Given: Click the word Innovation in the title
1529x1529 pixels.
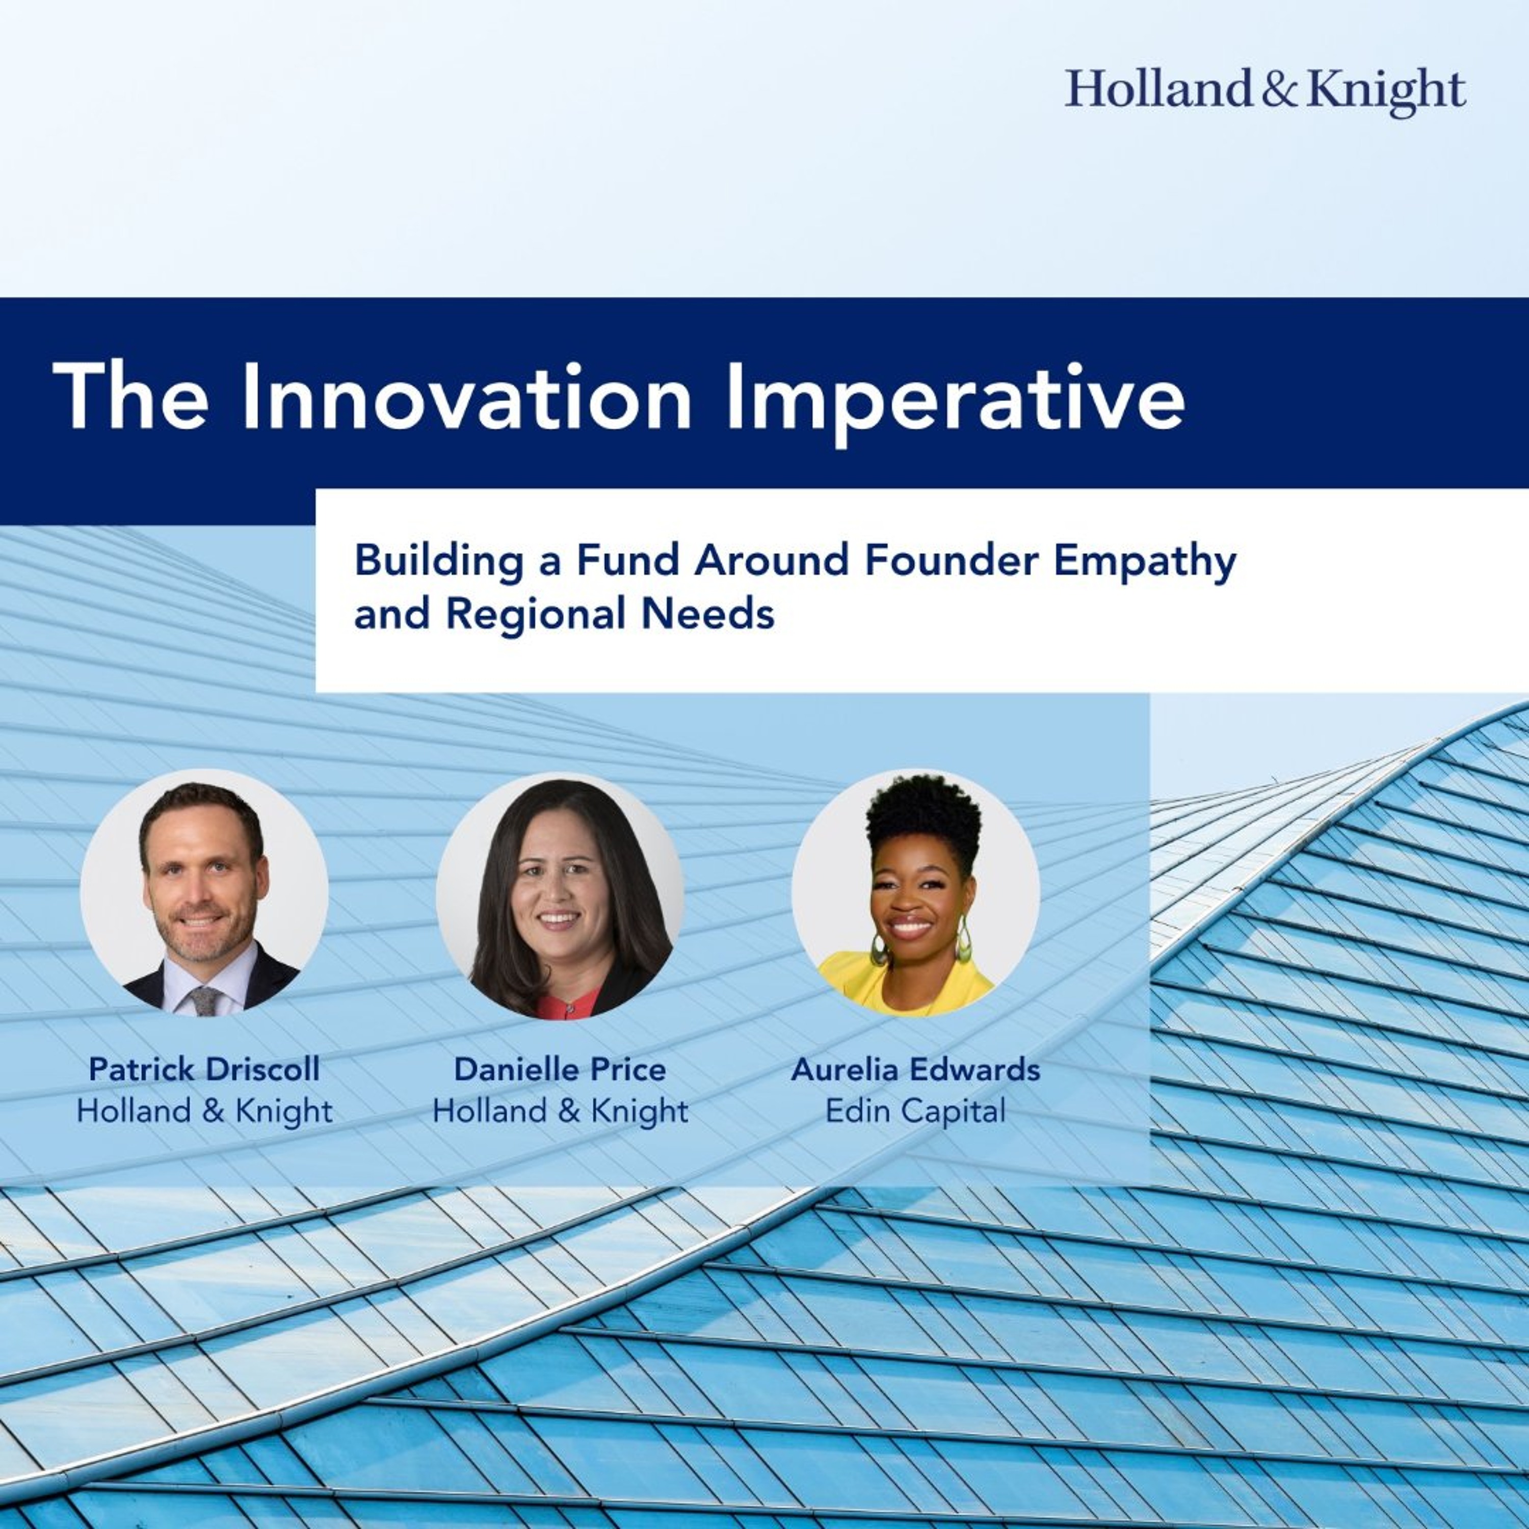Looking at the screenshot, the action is pos(467,398).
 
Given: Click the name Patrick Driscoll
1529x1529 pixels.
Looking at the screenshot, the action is pos(204,1069).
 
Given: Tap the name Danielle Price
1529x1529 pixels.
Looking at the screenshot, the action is pos(560,1069).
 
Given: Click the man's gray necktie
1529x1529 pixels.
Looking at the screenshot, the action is pos(205,999).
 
